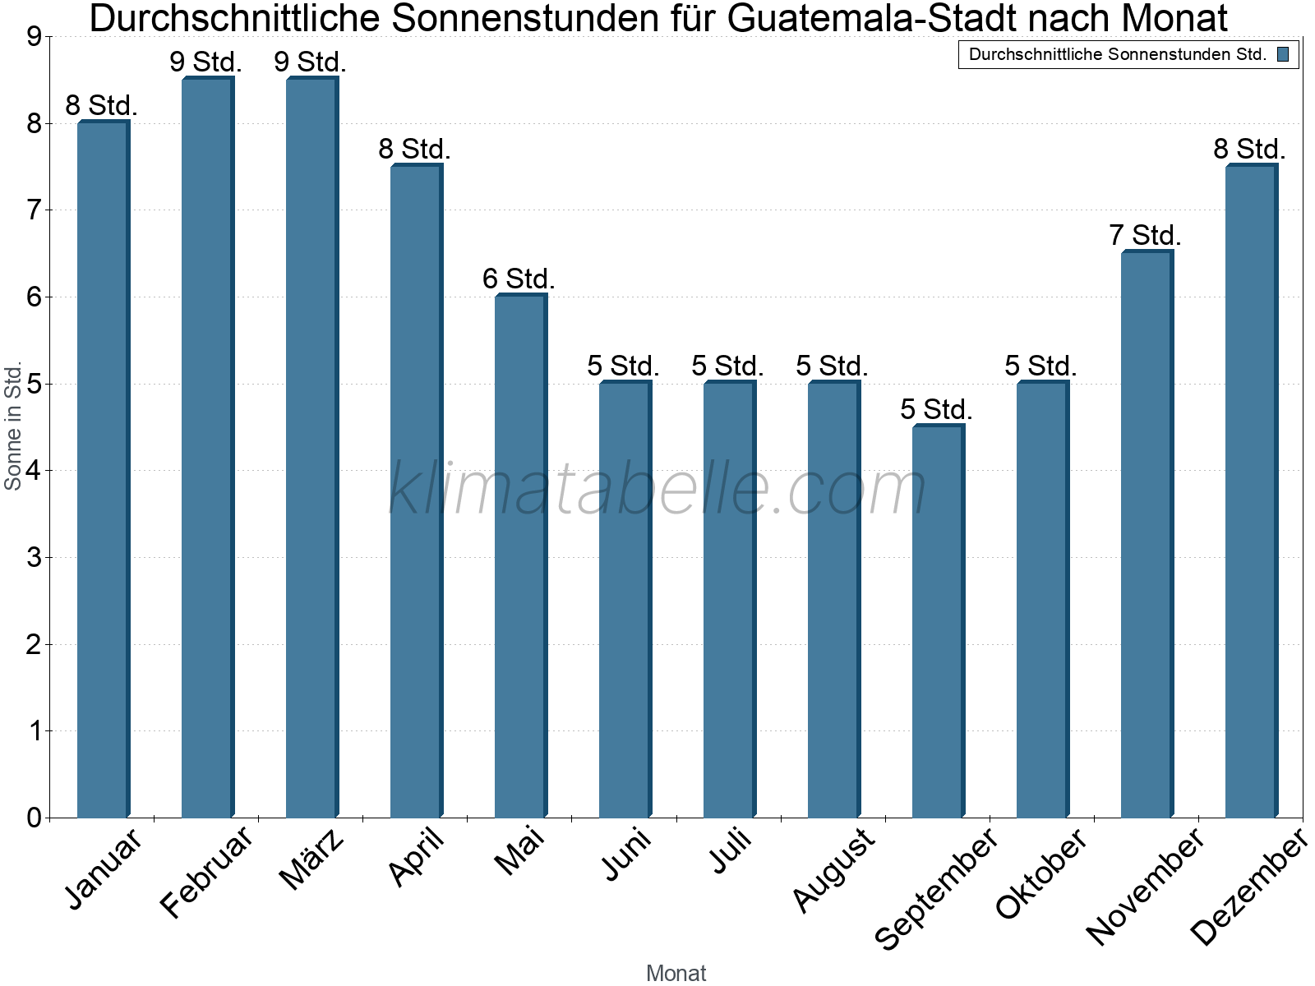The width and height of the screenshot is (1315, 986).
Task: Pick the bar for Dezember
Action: click(x=1251, y=491)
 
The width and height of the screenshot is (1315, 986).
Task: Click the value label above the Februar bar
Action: click(x=205, y=62)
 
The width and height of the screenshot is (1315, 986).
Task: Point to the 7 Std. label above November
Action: click(x=1145, y=236)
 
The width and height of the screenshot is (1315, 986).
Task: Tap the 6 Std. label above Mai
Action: click(x=519, y=279)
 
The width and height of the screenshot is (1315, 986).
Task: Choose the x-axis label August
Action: click(x=834, y=869)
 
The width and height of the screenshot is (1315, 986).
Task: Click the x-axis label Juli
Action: click(x=731, y=851)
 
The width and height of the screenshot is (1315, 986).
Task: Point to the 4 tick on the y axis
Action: click(x=34, y=471)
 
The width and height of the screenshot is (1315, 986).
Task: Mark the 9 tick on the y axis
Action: click(x=34, y=37)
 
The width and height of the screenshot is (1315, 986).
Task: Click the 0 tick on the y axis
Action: click(x=34, y=818)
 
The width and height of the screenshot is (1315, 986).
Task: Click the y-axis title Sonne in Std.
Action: click(x=13, y=426)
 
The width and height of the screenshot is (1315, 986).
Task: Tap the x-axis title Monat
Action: click(x=676, y=973)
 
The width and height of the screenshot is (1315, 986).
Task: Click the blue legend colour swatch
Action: click(x=1283, y=55)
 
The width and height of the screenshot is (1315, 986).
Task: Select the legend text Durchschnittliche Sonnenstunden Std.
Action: click(x=1118, y=55)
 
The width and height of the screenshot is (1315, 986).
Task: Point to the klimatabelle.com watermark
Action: click(x=657, y=489)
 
